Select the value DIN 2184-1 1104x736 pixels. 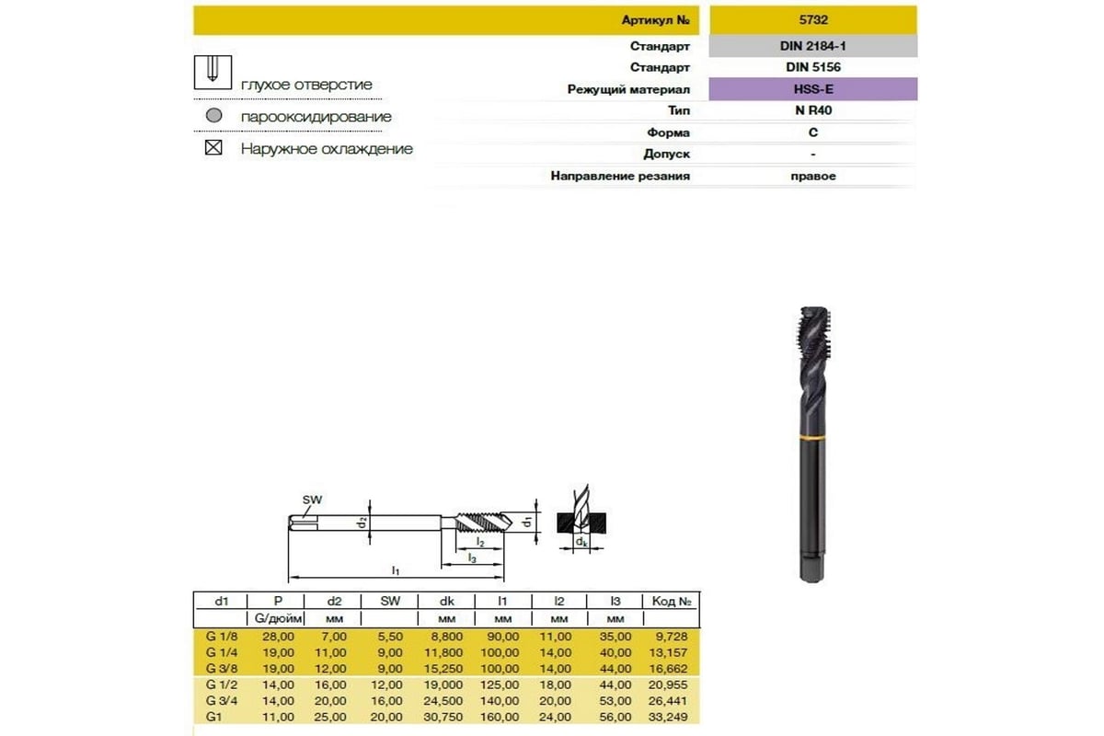point(812,46)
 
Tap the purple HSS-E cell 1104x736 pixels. point(812,89)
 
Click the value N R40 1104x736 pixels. point(812,110)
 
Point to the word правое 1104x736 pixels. point(812,176)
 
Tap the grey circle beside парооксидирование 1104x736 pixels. point(213,117)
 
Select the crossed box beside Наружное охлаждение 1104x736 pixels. point(213,147)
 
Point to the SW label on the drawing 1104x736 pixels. point(313,500)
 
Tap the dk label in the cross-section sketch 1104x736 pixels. point(581,544)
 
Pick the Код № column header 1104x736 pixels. point(671,601)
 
